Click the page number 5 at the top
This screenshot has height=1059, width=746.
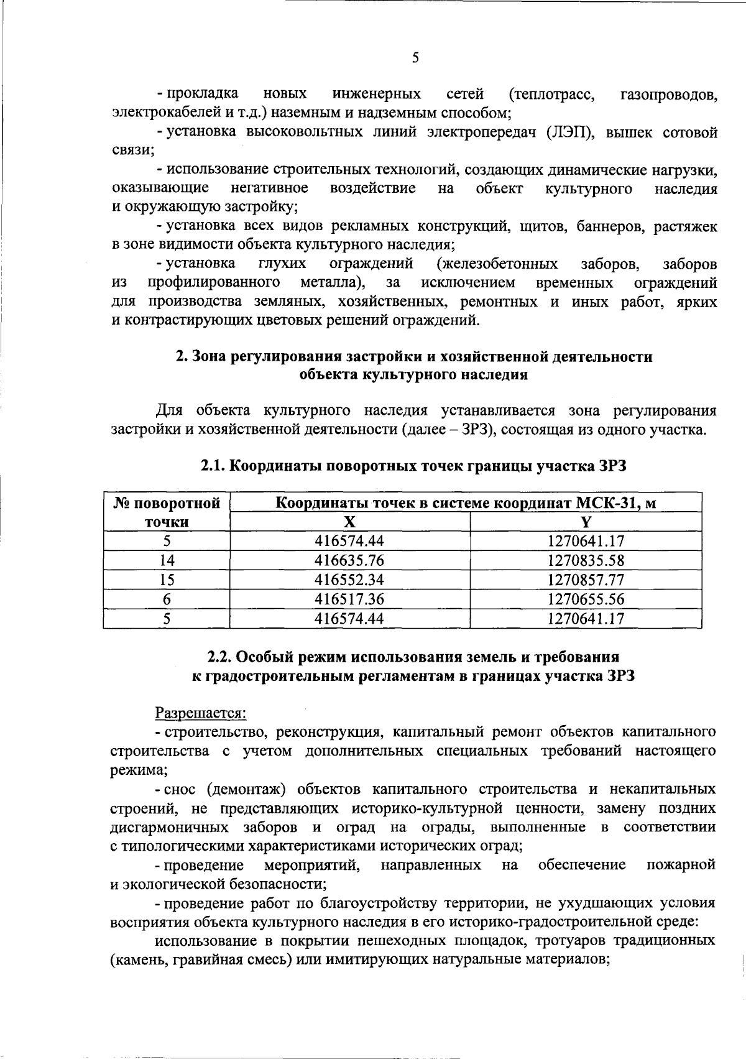[x=415, y=58]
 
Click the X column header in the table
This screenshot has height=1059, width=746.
[x=350, y=521]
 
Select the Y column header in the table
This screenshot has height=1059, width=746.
[x=586, y=521]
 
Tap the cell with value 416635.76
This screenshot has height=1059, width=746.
[x=350, y=560]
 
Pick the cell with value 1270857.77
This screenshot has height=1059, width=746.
[x=586, y=580]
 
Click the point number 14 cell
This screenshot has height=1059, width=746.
[x=167, y=560]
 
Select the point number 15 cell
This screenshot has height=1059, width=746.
[x=167, y=580]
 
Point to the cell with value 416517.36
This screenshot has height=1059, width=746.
[x=350, y=599]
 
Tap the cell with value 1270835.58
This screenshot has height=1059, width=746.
[x=586, y=560]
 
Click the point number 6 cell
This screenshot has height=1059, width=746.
[x=167, y=599]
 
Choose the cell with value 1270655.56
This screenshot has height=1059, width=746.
[x=586, y=599]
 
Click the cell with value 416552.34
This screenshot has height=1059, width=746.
[x=350, y=580]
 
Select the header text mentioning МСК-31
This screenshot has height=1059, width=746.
[x=466, y=502]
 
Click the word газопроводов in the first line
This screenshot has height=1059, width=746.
[x=668, y=95]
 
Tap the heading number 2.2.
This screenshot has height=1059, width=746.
[x=220, y=657]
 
